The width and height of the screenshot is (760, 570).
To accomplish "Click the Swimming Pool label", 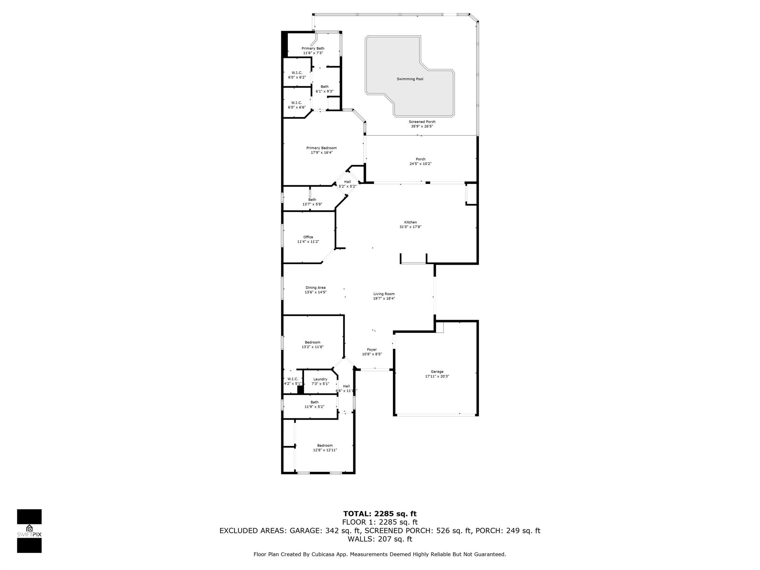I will [x=410, y=79].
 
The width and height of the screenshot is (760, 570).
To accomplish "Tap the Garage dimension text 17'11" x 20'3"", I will [x=437, y=376].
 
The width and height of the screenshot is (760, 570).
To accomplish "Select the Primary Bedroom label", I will [x=321, y=148].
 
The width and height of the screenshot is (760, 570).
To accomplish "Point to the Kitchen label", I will [x=410, y=222].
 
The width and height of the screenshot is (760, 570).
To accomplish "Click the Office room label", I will [x=308, y=237].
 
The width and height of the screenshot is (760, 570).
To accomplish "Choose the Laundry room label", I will [x=320, y=379].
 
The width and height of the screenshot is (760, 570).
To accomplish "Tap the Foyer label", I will [x=372, y=350].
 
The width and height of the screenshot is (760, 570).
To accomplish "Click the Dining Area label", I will [x=315, y=288].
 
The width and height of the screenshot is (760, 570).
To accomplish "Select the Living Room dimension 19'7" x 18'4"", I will [x=384, y=298].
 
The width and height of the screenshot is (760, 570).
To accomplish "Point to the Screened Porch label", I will [x=422, y=122].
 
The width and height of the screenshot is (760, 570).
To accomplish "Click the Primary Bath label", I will [x=313, y=49].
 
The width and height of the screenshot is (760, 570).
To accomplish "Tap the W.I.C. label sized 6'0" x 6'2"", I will [x=297, y=73].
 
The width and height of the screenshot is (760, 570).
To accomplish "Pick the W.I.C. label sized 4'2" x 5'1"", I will [x=293, y=379].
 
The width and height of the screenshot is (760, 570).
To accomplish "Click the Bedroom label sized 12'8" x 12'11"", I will [x=325, y=445].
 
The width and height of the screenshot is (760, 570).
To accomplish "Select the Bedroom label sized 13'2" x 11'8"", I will [x=312, y=343].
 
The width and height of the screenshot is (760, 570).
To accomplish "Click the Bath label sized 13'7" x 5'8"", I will [x=312, y=200].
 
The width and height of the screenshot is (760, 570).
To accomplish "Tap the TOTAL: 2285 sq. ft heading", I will [x=380, y=514].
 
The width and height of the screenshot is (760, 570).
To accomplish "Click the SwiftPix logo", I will [x=29, y=531].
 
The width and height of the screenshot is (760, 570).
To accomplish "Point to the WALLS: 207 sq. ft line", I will [x=380, y=539].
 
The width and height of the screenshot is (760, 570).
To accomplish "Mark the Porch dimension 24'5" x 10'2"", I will [x=420, y=164].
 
